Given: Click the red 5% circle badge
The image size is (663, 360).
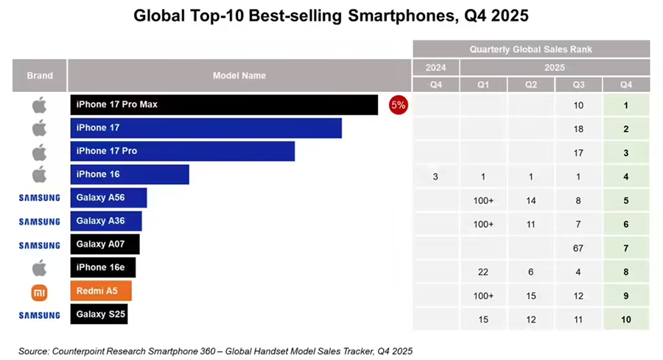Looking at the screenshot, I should pyautogui.click(x=398, y=105).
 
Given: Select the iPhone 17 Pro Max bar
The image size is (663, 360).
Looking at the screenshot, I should pyautogui.click(x=224, y=105).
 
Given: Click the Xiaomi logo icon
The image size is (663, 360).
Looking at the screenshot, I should pyautogui.click(x=39, y=292).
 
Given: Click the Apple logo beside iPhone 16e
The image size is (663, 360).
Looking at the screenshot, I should pyautogui.click(x=39, y=267).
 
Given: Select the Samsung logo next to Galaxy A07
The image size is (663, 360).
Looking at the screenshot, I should pyautogui.click(x=39, y=245).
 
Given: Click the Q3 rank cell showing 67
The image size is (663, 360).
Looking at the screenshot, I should pyautogui.click(x=578, y=249).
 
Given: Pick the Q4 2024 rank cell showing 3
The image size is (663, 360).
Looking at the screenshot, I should pyautogui.click(x=435, y=177).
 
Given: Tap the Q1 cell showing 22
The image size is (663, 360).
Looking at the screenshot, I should pyautogui.click(x=483, y=272).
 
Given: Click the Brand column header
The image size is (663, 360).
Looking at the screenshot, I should pyautogui.click(x=40, y=75).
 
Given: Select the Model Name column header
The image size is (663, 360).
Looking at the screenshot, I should pyautogui.click(x=239, y=75).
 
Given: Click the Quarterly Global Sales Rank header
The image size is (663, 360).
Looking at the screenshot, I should pyautogui.click(x=530, y=49).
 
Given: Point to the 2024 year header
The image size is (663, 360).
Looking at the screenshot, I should pyautogui.click(x=435, y=67).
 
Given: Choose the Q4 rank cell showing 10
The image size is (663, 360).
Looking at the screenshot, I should pyautogui.click(x=625, y=320).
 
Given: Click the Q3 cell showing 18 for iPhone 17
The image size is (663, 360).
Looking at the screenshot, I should pyautogui.click(x=578, y=129).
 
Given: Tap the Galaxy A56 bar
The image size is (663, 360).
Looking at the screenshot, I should pyautogui.click(x=109, y=198).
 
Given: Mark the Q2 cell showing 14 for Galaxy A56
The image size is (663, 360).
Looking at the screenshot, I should pyautogui.click(x=530, y=200).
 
